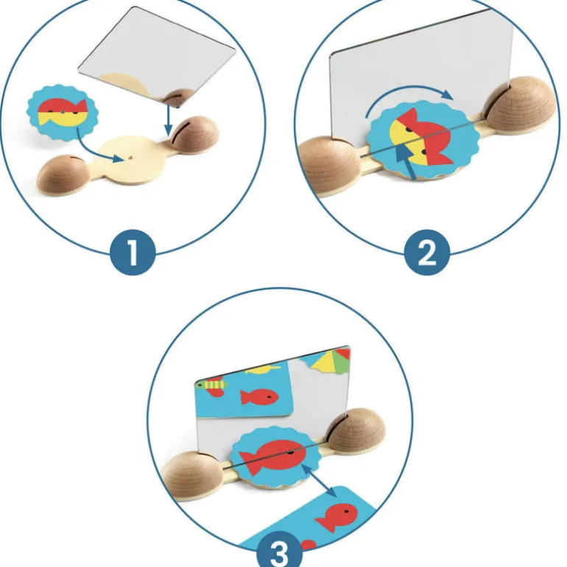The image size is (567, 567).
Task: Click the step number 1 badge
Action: (133, 253)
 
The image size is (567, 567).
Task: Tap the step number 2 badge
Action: (427, 253)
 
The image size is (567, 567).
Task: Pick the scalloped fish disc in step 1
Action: (62, 113)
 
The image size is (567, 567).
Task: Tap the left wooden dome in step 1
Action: (63, 174)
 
